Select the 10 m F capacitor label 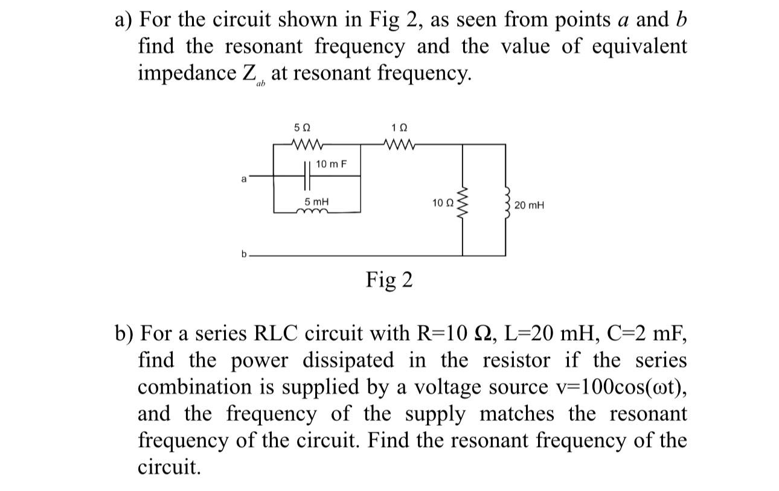(330, 164)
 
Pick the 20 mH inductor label (529, 205)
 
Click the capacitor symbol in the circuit (307, 176)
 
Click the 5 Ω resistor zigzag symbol (309, 144)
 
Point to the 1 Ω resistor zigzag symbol (400, 144)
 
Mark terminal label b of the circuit (245, 254)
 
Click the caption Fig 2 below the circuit (389, 280)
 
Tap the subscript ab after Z (261, 86)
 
